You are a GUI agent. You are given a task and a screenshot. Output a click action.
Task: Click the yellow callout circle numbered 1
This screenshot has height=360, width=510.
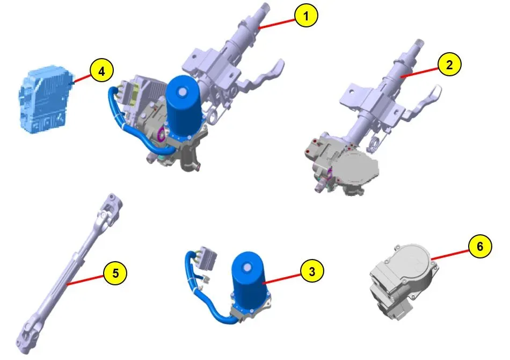(306, 15)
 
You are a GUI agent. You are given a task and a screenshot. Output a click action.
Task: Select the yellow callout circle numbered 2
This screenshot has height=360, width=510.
(449, 65)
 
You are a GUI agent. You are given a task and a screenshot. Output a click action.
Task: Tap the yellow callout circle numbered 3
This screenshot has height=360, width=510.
(312, 271)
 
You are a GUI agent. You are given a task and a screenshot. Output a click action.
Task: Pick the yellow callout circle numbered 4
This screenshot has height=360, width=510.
(102, 71)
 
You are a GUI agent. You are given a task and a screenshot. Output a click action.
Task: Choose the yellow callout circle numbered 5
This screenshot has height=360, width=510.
(115, 273)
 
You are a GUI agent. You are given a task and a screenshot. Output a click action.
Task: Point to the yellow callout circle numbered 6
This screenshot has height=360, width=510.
(480, 247)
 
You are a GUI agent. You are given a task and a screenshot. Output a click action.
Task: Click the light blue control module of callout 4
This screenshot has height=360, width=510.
(45, 99)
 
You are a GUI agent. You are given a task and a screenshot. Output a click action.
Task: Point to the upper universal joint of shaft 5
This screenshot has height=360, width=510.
(110, 212)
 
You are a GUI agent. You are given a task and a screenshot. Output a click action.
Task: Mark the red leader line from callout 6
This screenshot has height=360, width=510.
(450, 255)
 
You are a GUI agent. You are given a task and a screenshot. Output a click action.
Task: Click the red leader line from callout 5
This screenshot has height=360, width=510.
(85, 280)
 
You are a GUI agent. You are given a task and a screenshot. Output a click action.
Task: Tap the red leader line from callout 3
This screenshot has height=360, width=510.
(282, 279)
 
